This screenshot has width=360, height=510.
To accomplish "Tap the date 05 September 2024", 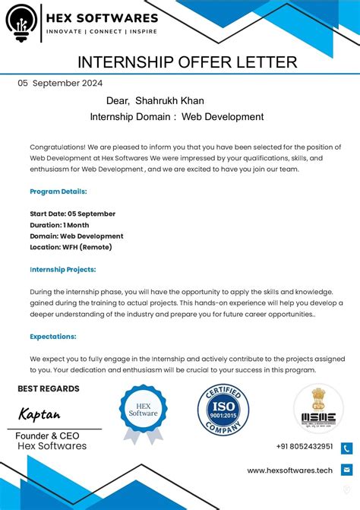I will tap(60, 84).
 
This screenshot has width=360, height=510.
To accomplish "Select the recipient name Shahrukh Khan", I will tap(169, 100).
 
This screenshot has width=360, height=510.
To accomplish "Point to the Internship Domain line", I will tap(176, 117).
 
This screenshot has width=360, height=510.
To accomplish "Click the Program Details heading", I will tap(58, 192).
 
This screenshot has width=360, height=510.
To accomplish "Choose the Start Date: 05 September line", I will tap(72, 214).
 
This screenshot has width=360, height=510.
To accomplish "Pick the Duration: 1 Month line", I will tap(59, 225).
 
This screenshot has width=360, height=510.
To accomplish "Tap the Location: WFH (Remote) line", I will tap(71, 247).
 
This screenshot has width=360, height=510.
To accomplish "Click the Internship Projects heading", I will tap(62, 269).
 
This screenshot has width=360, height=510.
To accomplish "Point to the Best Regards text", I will tap(49, 389).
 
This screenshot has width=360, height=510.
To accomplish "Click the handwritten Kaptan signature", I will tap(39, 414).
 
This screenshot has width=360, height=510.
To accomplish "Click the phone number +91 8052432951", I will tap(305, 447).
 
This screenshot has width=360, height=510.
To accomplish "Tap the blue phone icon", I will tap(346, 448).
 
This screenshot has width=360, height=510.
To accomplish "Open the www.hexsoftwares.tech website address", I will tap(289, 470).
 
